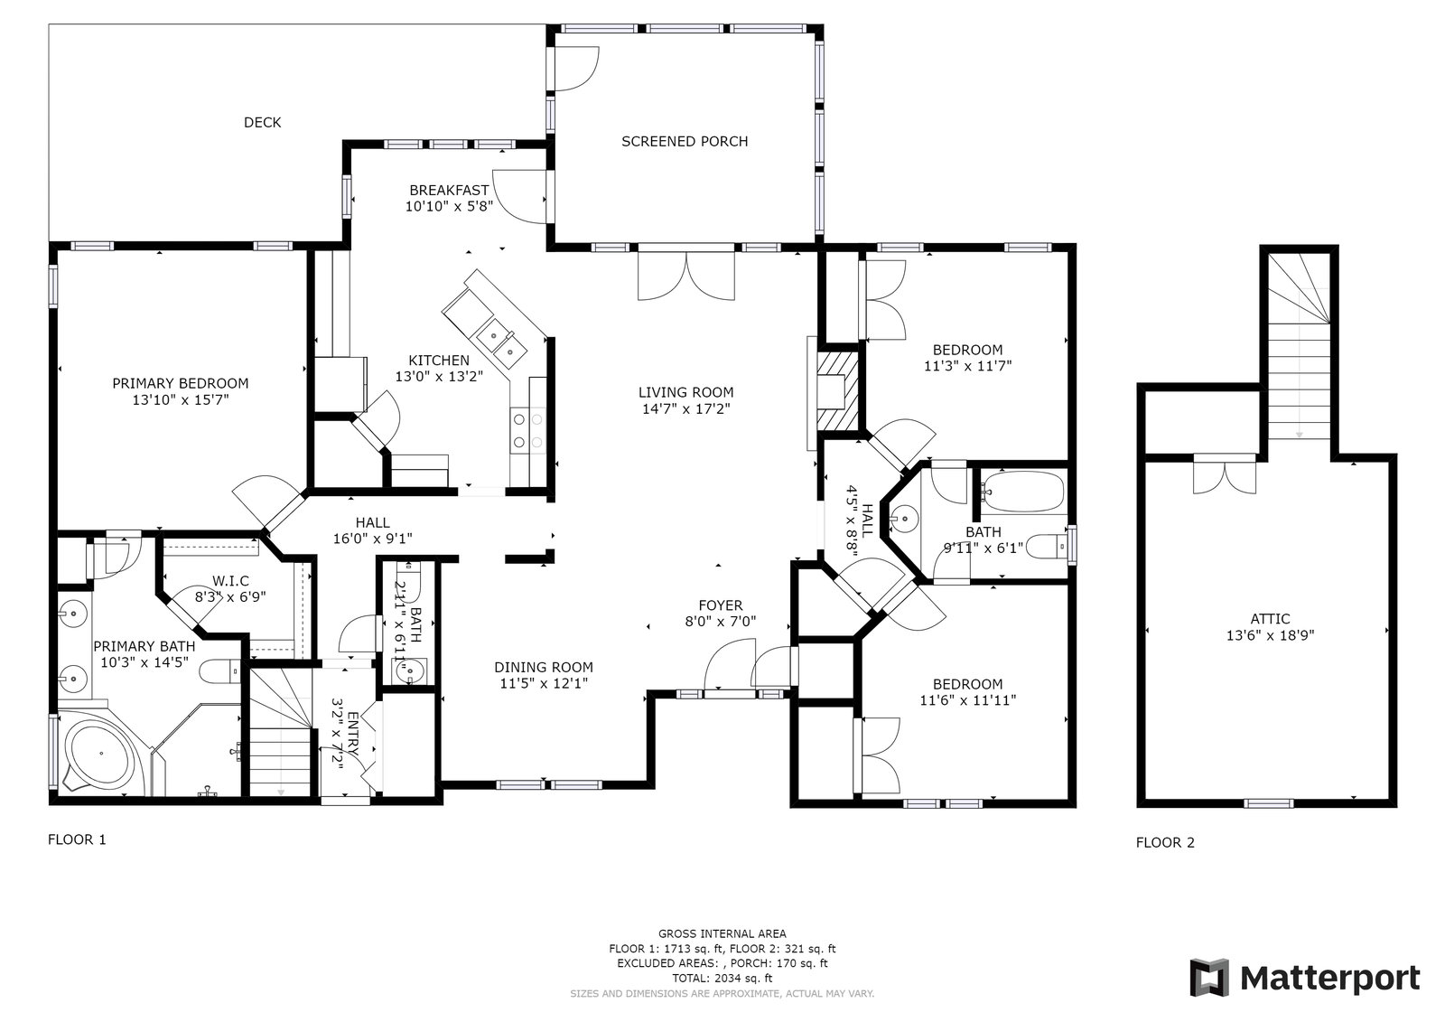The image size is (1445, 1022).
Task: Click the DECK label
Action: pos(262,122)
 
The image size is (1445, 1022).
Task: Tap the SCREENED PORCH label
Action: pos(685,141)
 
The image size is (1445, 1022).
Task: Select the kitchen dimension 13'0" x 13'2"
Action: pos(439,377)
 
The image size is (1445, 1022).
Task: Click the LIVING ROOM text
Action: pos(685,392)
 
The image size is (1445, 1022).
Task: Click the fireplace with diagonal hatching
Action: pos(838,391)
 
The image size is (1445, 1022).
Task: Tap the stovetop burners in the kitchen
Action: pos(527,431)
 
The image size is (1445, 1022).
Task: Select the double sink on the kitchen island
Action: pos(501,342)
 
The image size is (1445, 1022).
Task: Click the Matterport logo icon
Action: pos(1209,977)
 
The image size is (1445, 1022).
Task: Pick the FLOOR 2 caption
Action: pos(1165,842)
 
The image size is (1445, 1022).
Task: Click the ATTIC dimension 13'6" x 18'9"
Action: pos(1270,635)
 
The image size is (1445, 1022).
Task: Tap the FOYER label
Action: pos(721,605)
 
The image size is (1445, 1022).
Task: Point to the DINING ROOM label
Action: pos(543,668)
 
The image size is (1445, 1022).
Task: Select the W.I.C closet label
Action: pos(230,581)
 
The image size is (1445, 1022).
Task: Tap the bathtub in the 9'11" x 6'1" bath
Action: pos(1021,492)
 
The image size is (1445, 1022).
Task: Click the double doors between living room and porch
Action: pos(685,276)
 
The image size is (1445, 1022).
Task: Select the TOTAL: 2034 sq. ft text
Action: pos(722,978)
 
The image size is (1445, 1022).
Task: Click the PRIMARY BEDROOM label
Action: pos(180,383)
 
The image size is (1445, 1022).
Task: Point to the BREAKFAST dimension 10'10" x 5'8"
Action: pos(449,207)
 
